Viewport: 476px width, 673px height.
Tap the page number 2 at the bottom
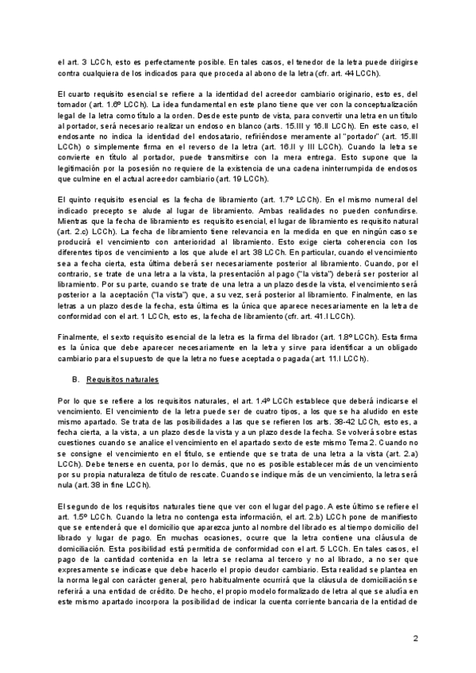point(416,637)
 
